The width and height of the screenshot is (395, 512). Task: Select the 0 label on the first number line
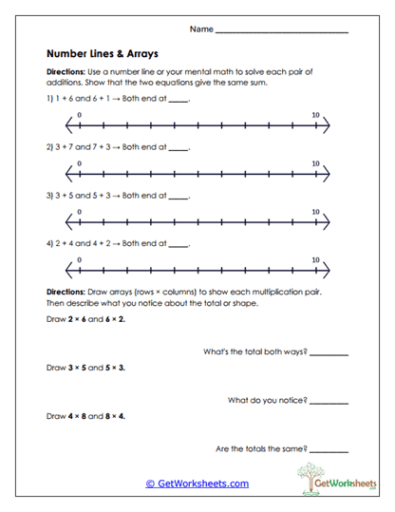click(80, 115)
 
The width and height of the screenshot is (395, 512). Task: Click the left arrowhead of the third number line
click(69, 223)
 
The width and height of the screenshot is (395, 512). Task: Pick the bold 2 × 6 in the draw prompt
click(80, 319)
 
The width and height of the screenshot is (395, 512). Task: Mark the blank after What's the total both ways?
click(329, 353)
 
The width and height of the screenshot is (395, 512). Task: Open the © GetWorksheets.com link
click(197, 484)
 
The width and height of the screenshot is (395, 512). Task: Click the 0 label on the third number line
click(80, 212)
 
